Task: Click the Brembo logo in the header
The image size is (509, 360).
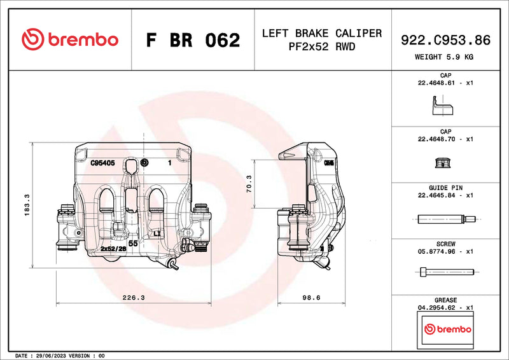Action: pyautogui.click(x=70, y=39)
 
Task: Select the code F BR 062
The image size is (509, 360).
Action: pyautogui.click(x=193, y=40)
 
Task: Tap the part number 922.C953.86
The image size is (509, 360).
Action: pyautogui.click(x=445, y=40)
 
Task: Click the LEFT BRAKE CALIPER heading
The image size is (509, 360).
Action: pyautogui.click(x=322, y=33)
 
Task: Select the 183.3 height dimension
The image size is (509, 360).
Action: pyautogui.click(x=26, y=205)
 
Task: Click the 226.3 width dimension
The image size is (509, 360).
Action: pyautogui.click(x=133, y=297)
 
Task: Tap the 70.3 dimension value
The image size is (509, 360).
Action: pyautogui.click(x=249, y=184)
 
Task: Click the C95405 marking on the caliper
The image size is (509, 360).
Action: pyautogui.click(x=102, y=163)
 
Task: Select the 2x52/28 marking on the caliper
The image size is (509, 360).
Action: pyautogui.click(x=113, y=249)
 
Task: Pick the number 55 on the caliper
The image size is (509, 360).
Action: pyautogui.click(x=134, y=243)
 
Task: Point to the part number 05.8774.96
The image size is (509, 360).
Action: pyautogui.click(x=437, y=251)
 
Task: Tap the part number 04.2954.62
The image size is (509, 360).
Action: pyautogui.click(x=437, y=307)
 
